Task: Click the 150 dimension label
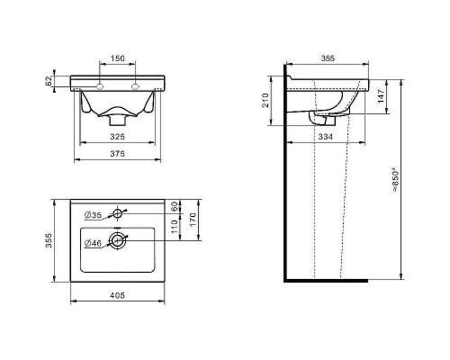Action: (x=117, y=58)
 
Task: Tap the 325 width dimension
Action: (x=117, y=137)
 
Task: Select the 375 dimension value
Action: (x=117, y=154)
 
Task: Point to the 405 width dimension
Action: (x=117, y=295)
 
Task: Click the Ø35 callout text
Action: (x=93, y=215)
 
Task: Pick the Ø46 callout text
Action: (x=93, y=243)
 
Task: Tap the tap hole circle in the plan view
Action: (x=117, y=213)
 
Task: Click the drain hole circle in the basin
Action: (x=117, y=240)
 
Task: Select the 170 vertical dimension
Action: (x=193, y=220)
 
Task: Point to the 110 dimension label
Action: (x=174, y=227)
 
